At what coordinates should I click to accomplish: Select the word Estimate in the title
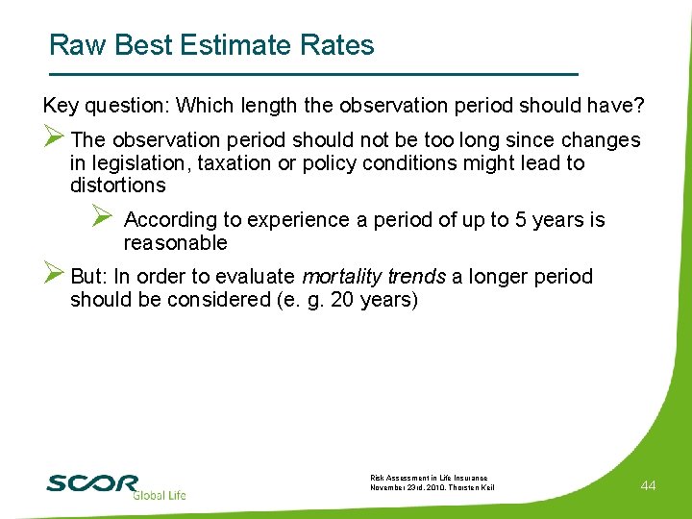point(241,45)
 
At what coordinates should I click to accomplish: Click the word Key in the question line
point(60,104)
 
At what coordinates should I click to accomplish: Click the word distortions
point(117,185)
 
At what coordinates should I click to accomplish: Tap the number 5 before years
point(521,220)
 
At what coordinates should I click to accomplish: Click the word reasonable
point(175,242)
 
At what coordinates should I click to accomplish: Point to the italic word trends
point(418,277)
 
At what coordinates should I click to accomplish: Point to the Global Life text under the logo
point(160,496)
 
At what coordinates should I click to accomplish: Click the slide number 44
point(648,486)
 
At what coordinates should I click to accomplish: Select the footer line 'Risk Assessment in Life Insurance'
point(429,478)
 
